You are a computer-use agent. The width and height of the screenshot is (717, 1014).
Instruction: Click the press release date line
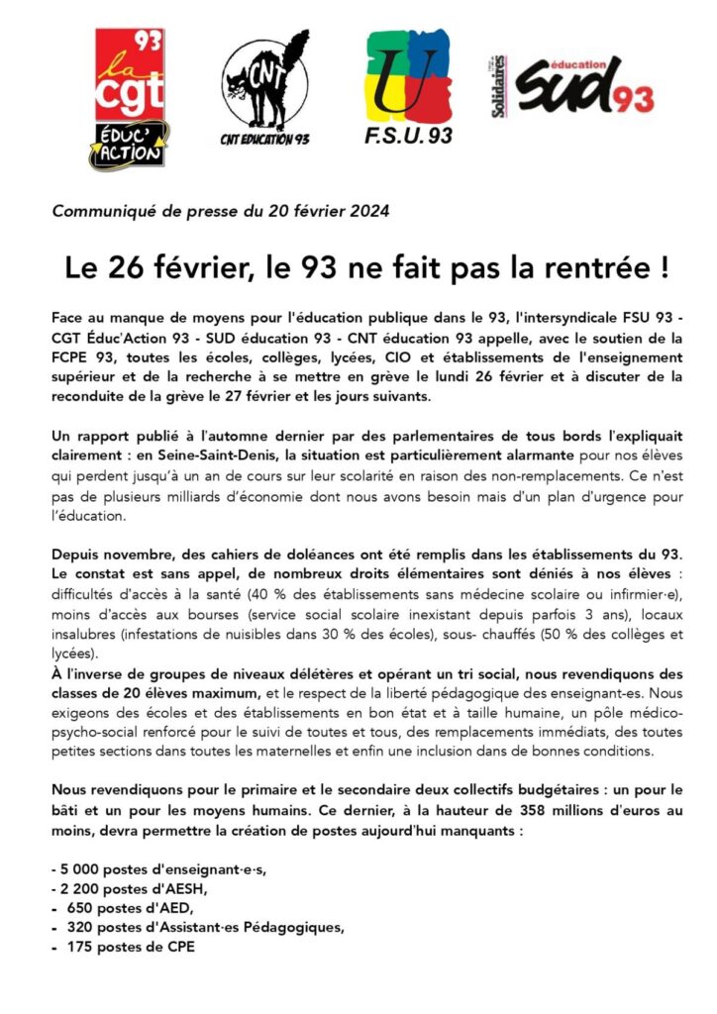point(221,211)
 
